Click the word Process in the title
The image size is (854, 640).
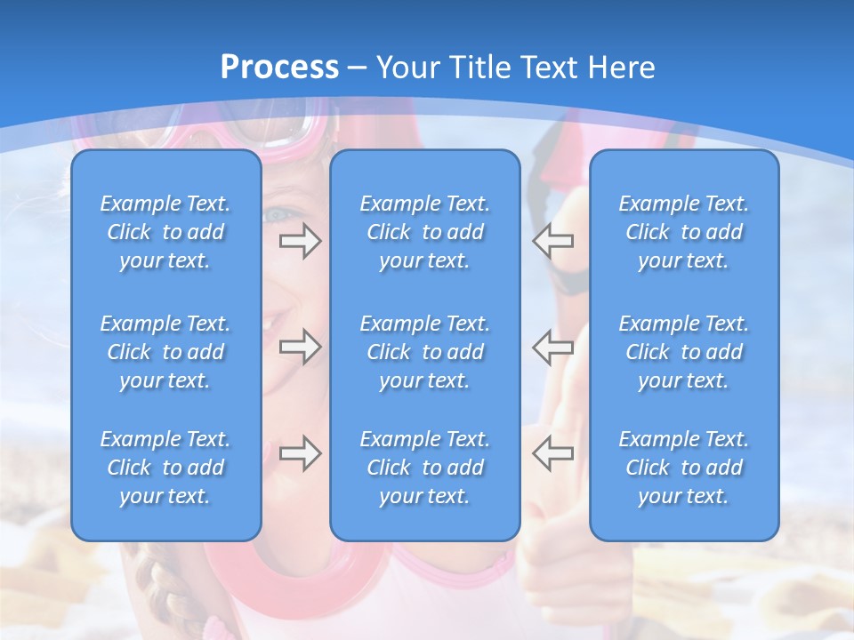click(x=279, y=68)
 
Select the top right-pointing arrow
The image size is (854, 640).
click(x=300, y=241)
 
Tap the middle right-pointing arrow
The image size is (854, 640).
click(x=300, y=347)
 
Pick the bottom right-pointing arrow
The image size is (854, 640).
click(x=300, y=453)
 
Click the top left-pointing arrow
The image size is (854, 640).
click(x=553, y=241)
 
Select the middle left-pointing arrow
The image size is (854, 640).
click(x=553, y=347)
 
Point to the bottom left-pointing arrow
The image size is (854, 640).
click(x=553, y=453)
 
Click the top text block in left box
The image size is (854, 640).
click(x=165, y=232)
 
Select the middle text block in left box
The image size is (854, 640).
click(x=165, y=352)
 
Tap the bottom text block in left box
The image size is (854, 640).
click(x=165, y=468)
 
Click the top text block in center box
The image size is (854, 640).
click(x=425, y=232)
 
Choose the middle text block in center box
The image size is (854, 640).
click(x=425, y=352)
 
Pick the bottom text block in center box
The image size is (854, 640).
click(x=425, y=468)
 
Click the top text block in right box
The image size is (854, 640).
click(x=684, y=232)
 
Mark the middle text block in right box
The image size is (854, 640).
click(x=684, y=352)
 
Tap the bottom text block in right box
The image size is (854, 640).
click(x=684, y=468)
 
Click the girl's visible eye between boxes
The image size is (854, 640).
click(x=278, y=214)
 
